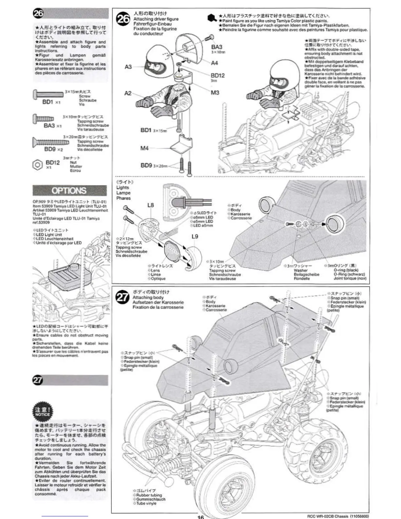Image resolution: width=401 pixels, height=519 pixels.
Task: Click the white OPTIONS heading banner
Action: (x=69, y=190)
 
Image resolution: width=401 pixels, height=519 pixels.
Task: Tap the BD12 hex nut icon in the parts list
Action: (x=37, y=164)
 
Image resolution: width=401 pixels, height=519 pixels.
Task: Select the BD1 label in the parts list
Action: (x=48, y=102)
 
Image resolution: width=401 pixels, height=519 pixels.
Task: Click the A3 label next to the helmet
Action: (x=128, y=67)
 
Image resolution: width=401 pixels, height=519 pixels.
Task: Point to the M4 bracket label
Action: (x=144, y=148)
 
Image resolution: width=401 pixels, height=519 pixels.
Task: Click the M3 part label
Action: (x=215, y=92)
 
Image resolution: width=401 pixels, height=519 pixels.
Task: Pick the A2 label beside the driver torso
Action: (x=128, y=93)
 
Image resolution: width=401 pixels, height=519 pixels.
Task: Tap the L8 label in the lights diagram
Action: (x=150, y=205)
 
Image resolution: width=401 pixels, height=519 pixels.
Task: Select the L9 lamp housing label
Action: (x=195, y=236)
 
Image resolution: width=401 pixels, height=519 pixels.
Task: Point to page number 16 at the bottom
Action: (x=200, y=517)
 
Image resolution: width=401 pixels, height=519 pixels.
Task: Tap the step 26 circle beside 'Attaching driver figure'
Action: (x=123, y=19)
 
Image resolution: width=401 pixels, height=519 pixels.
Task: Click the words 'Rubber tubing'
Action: (x=149, y=495)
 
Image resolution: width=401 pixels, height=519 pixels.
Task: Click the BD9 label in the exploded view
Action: (x=146, y=165)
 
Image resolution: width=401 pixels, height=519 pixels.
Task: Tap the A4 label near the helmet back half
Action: (x=215, y=63)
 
